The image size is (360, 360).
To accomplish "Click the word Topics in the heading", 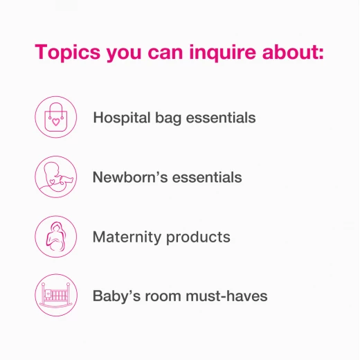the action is [68, 53].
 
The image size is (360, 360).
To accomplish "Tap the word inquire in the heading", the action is [222, 53].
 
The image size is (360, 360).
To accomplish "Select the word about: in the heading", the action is [293, 52].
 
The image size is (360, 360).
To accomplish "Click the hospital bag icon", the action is [56, 117].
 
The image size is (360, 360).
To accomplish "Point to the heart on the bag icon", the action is [55, 122].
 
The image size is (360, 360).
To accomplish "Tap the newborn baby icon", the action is [56, 177].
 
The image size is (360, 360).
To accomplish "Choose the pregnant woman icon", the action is [56, 237].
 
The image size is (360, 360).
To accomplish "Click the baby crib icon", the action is [56, 295].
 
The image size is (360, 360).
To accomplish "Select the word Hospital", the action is [122, 118].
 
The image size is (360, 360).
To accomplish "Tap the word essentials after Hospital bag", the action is [221, 118].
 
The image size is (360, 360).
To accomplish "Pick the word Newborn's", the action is [130, 177].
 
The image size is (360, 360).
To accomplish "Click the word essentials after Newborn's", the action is [207, 177].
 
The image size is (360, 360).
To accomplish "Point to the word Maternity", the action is [127, 237].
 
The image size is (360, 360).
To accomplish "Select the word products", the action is [198, 237].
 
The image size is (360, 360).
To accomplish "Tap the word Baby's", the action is [116, 296].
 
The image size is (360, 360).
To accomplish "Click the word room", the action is [163, 296].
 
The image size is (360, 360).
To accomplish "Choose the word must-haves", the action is [226, 296].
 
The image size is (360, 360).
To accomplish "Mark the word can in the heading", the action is [165, 53].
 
